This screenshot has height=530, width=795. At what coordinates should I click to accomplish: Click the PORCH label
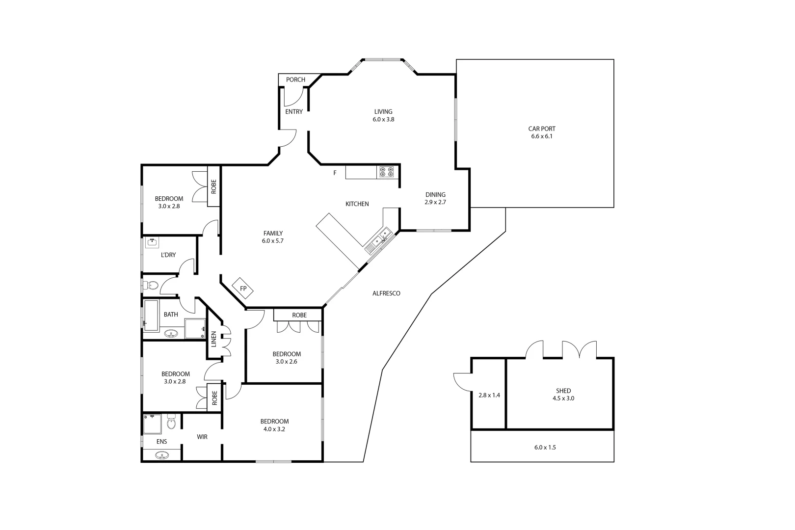coord(295,79)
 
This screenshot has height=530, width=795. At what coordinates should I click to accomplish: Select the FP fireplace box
coord(242,289)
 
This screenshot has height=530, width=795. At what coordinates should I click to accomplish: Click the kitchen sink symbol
coord(379,240)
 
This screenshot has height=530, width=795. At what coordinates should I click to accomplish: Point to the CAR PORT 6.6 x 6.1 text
coord(542,132)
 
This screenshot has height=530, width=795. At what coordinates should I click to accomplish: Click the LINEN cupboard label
coord(213,340)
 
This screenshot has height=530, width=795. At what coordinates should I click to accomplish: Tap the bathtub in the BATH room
coord(152,316)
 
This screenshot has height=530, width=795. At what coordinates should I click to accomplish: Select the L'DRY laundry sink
coord(152,242)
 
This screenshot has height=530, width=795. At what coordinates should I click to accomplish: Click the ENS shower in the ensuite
coord(152,424)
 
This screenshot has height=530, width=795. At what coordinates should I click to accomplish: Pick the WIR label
coord(202,437)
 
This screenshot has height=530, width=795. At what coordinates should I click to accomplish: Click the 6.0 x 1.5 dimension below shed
coord(545,448)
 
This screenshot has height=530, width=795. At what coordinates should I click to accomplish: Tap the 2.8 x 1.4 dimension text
coord(489,395)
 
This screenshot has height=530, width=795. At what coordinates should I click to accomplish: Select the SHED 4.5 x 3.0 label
coord(563,395)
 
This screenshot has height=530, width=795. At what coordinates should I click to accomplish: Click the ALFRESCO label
coord(386,293)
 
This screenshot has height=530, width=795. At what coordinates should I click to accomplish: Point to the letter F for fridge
coord(335,173)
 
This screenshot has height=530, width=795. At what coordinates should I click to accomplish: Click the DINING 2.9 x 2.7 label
coord(435,198)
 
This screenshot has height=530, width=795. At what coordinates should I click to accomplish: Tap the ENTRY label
coord(294,112)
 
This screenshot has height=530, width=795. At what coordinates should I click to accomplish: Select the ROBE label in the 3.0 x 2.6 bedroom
coord(299,315)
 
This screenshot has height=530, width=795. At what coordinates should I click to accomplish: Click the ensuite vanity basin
coord(162,455)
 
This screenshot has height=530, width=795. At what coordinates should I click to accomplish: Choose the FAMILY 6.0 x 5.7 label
coord(273,237)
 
